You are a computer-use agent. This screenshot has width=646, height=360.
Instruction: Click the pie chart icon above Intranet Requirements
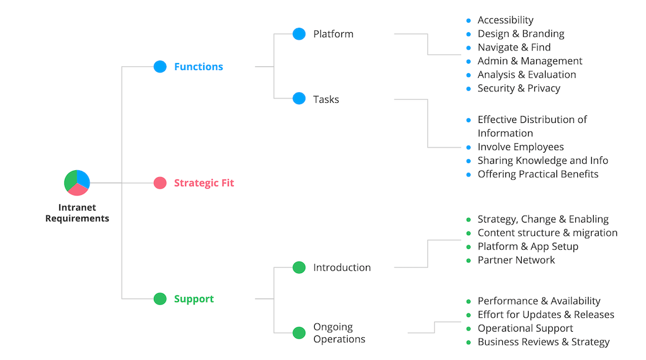77,183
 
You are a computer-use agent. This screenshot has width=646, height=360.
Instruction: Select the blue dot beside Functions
160,66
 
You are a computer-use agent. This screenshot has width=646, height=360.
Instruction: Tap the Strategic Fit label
204,183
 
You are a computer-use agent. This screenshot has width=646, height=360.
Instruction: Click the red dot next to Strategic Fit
160,183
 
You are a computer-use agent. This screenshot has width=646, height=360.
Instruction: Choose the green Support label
194,299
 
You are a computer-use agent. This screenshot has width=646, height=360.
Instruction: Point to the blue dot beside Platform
299,34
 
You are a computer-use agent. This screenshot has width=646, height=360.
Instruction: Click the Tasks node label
326,99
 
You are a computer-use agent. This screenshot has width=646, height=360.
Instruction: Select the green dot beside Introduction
299,267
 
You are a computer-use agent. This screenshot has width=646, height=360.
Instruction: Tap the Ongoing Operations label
339,333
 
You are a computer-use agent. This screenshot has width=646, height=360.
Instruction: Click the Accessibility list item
505,20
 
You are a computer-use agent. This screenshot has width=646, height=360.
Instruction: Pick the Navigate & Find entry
514,47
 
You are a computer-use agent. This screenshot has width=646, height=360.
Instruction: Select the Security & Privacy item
519,88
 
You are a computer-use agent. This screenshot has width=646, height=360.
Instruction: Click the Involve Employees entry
520,147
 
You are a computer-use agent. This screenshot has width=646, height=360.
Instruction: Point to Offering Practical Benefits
537,174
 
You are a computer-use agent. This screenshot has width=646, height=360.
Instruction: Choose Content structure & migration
547,233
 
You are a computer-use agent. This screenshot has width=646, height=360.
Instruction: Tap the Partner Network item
516,260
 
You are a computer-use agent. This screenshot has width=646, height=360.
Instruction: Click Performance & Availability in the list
539,301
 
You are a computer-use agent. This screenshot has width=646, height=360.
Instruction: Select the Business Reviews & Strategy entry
543,342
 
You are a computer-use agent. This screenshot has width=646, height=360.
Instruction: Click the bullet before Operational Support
468,328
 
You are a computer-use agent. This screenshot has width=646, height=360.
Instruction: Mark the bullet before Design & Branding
468,34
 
